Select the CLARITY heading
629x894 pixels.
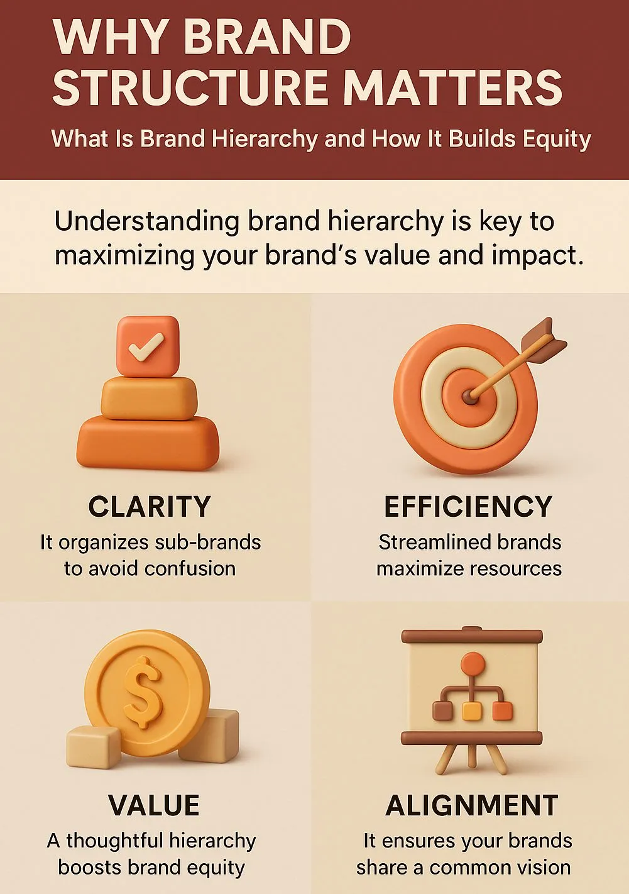coord(149,507)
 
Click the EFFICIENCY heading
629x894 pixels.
coord(468,507)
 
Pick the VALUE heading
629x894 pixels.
coord(153,805)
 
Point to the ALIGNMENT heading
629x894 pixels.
coord(471,805)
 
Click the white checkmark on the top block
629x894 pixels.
coord(146,347)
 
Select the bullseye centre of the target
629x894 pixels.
coord(469,395)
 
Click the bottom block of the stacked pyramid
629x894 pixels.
coord(148,443)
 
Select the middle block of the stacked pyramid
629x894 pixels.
coord(149,398)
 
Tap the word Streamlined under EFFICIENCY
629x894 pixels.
coord(429,542)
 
